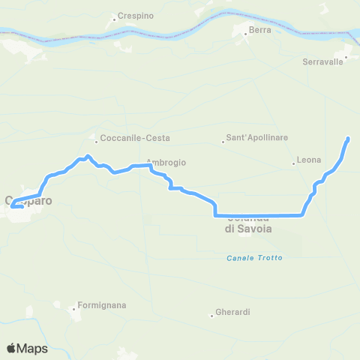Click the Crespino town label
coord(136,15)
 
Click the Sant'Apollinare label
coord(257,139)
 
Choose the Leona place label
coord(309,160)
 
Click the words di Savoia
coord(248,229)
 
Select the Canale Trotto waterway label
coord(254,258)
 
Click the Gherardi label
coord(232,312)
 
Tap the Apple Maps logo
coord(28,348)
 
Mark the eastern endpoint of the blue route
coord(348,139)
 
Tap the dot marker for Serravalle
coord(346,55)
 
